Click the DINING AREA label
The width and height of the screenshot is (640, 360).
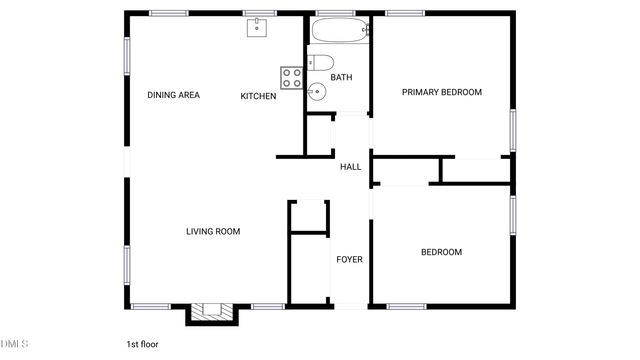click(174, 96)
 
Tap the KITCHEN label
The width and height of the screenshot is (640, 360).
click(258, 96)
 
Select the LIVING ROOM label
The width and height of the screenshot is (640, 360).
click(213, 232)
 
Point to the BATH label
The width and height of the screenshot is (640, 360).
click(341, 77)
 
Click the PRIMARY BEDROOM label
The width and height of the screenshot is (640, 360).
click(441, 92)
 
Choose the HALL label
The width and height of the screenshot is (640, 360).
click(350, 167)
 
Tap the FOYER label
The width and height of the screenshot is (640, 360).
click(349, 260)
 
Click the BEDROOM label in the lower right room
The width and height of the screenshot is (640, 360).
click(441, 252)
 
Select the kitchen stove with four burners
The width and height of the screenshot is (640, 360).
click(292, 78)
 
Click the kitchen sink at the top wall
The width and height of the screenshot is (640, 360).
click(259, 27)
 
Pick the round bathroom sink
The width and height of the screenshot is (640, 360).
click(317, 93)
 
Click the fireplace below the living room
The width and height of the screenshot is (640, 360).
click(212, 312)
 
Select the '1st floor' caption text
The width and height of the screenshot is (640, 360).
click(142, 344)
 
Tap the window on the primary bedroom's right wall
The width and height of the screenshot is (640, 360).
click(513, 129)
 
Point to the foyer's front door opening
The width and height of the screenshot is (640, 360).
click(348, 305)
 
